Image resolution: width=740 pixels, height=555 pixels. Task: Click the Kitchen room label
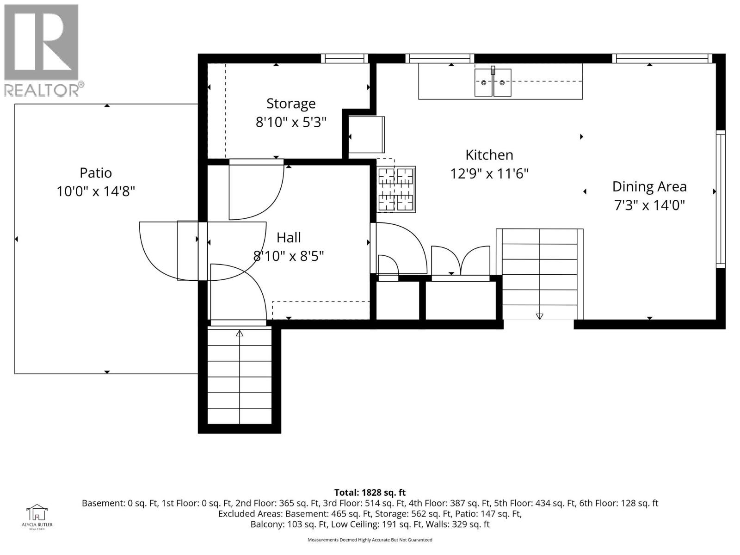[x=489, y=154]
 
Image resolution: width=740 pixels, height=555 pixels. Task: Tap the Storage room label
[x=290, y=103]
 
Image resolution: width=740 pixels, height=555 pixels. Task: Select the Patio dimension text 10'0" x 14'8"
[x=96, y=191]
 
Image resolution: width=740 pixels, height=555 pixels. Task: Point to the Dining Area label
[x=649, y=186]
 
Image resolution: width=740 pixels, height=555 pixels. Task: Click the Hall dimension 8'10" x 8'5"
[x=289, y=256]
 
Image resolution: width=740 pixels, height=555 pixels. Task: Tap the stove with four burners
[x=396, y=189]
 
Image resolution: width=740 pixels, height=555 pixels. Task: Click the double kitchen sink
[x=493, y=82]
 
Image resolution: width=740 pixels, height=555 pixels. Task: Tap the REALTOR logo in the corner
[x=42, y=50]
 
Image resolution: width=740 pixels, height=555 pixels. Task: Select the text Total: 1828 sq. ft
[x=370, y=493]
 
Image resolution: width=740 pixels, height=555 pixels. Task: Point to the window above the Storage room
[x=345, y=58]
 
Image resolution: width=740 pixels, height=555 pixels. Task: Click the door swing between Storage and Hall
[x=256, y=190]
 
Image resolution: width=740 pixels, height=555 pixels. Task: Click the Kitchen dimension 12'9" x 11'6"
[x=489, y=174]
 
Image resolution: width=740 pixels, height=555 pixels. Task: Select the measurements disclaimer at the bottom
[x=370, y=540]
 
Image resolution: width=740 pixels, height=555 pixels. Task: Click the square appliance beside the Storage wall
[x=366, y=135]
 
